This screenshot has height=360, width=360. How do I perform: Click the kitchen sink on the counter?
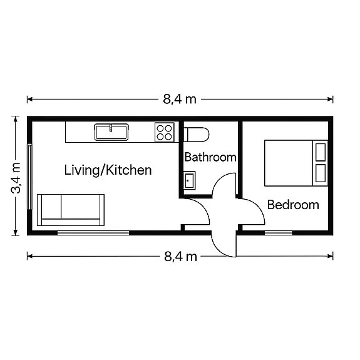[111, 132]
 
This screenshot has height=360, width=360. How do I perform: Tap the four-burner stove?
[165, 132]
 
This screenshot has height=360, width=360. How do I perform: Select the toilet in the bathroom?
[197, 135]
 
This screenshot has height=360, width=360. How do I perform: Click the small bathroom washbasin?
[190, 180]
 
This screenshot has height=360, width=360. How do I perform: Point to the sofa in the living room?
[71, 210]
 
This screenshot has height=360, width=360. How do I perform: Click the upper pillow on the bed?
[321, 152]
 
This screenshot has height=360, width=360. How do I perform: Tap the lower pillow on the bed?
[321, 173]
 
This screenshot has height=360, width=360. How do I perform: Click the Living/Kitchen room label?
[108, 170]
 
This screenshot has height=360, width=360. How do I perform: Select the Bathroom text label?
[210, 157]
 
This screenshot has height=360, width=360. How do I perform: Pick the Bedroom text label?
[293, 205]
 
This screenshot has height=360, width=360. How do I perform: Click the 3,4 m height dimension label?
[16, 178]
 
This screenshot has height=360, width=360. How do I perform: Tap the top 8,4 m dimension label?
[180, 100]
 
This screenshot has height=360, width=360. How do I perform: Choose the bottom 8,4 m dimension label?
[180, 257]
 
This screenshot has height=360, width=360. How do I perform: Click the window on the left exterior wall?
[29, 177]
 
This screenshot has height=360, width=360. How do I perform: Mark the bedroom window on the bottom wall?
[278, 233]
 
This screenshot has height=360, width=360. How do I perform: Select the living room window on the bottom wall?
[93, 233]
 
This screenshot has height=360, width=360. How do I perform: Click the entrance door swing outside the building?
[217, 249]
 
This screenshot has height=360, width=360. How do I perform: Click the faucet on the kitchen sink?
[111, 128]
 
